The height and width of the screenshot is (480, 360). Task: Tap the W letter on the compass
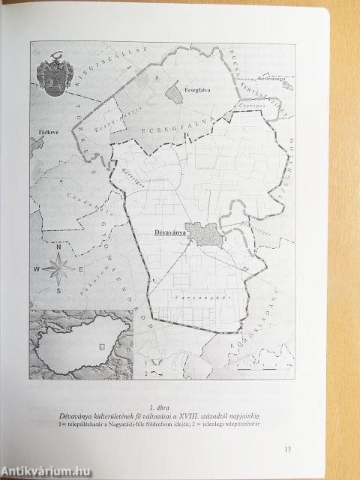tap(35, 267)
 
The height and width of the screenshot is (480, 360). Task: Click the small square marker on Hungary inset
tap(100, 346)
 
